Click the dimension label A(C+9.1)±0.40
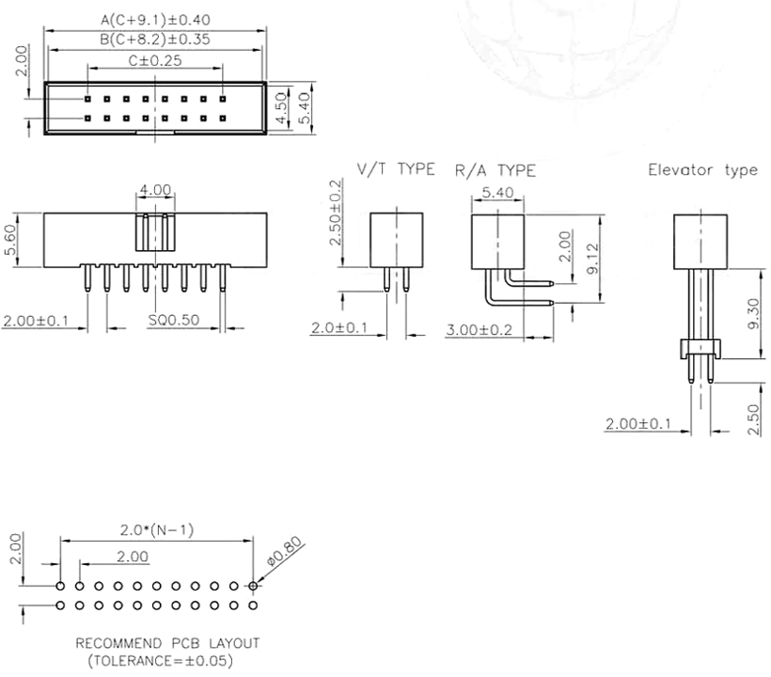click(155, 20)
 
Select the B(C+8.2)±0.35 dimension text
click(155, 39)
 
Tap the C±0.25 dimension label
click(155, 60)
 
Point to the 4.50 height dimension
click(281, 108)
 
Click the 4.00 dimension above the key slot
click(155, 189)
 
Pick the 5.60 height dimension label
click(9, 240)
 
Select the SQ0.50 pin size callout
click(174, 320)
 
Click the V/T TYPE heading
click(396, 169)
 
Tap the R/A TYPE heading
click(496, 170)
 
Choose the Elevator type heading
click(702, 170)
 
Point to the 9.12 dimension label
click(593, 259)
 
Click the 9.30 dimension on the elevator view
click(753, 314)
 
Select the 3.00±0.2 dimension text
click(479, 329)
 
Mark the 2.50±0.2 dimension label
click(335, 213)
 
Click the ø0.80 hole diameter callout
click(284, 551)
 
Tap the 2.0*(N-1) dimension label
click(157, 529)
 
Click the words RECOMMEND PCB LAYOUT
click(167, 643)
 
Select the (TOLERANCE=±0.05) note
click(160, 660)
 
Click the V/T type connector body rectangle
click(397, 240)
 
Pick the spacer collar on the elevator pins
click(700, 349)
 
